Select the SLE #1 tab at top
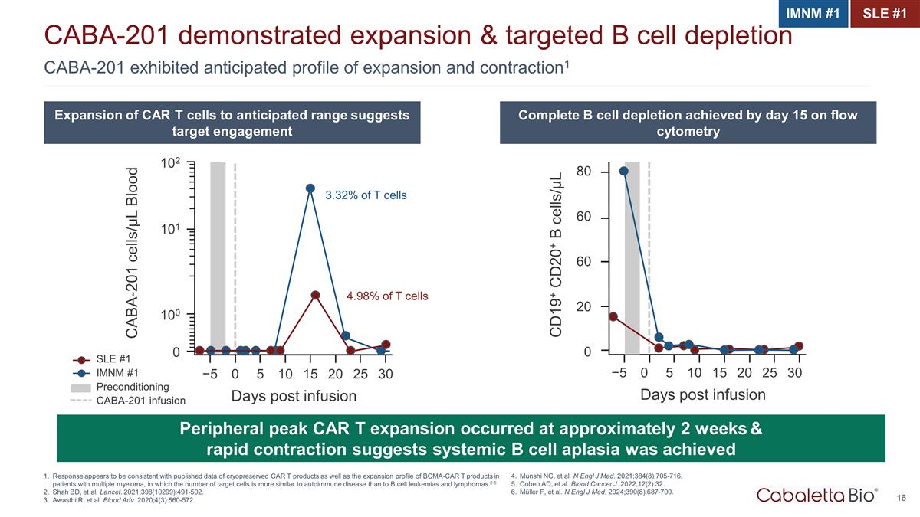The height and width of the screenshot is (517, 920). click(x=885, y=14)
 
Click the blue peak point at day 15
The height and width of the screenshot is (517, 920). click(x=310, y=188)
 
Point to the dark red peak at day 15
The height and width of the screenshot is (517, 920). click(x=315, y=295)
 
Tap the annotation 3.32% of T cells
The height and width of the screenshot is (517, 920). click(x=366, y=196)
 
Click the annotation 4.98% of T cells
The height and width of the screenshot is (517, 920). click(x=388, y=296)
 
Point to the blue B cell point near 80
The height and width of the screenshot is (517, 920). click(x=624, y=171)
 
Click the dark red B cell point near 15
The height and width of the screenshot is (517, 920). click(x=613, y=316)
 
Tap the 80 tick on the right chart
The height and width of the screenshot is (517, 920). click(x=583, y=172)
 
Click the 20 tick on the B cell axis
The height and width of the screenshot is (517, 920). click(x=583, y=306)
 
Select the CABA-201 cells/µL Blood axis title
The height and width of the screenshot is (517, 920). click(x=133, y=253)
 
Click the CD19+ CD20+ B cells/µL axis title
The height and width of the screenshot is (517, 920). click(x=557, y=254)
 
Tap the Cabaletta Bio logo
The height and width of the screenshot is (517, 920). click(x=817, y=495)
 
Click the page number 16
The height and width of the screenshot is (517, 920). click(x=901, y=499)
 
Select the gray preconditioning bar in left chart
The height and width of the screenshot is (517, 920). click(x=218, y=257)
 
